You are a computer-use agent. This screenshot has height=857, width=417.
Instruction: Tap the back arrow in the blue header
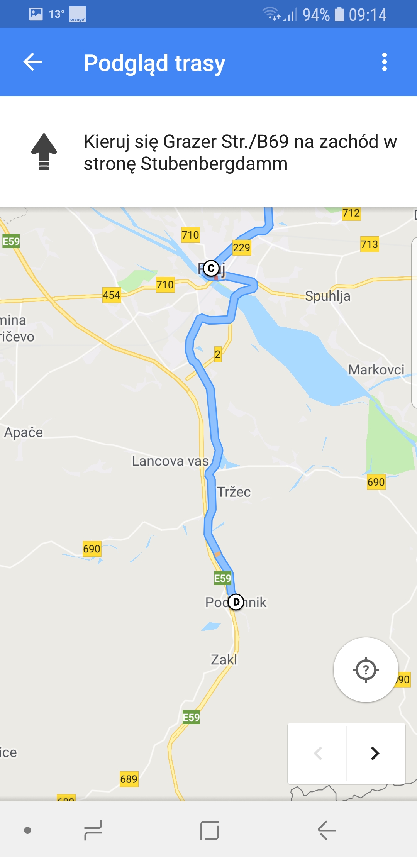click(x=32, y=62)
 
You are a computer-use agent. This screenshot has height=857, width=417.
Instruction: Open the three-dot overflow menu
click(x=384, y=62)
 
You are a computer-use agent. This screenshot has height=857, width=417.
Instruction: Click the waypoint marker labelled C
click(x=211, y=268)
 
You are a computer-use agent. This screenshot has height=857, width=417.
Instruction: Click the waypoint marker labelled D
click(x=236, y=602)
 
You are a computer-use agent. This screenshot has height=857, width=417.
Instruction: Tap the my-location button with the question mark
click(x=366, y=670)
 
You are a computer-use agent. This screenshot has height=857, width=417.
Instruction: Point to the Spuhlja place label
click(x=327, y=296)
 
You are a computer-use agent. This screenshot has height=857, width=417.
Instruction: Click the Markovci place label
click(x=376, y=370)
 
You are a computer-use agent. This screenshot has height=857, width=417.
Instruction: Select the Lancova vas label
click(x=170, y=461)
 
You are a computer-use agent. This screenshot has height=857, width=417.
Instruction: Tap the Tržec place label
click(x=234, y=492)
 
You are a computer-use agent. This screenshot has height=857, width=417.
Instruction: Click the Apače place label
click(x=24, y=432)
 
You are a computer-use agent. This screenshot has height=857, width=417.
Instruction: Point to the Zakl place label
click(x=224, y=660)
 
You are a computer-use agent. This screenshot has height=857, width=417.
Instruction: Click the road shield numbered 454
click(x=111, y=295)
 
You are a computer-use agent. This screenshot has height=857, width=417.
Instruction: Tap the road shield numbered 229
click(x=242, y=247)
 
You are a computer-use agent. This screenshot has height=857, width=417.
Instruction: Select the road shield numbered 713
click(x=370, y=244)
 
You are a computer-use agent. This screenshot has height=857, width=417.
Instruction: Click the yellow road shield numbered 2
click(x=218, y=354)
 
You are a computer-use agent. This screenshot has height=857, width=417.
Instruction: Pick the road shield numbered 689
click(x=129, y=779)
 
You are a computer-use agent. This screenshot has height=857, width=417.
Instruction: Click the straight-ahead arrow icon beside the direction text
click(x=44, y=152)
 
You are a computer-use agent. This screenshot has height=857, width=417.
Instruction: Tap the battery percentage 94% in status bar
click(x=316, y=15)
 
